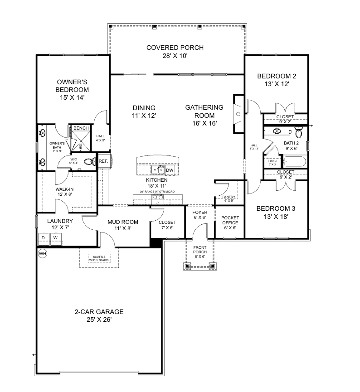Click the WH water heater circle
(43, 253)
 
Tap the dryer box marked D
(44, 238)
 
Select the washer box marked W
(56, 238)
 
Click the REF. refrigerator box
(103, 161)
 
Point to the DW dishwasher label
(170, 170)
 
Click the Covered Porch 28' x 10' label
(175, 52)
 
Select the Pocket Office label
(230, 223)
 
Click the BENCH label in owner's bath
(81, 129)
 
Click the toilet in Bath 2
(298, 133)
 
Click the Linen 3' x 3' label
(272, 163)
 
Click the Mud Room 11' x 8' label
(122, 225)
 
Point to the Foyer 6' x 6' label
(199, 215)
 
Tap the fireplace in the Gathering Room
(238, 114)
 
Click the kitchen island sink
(157, 170)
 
